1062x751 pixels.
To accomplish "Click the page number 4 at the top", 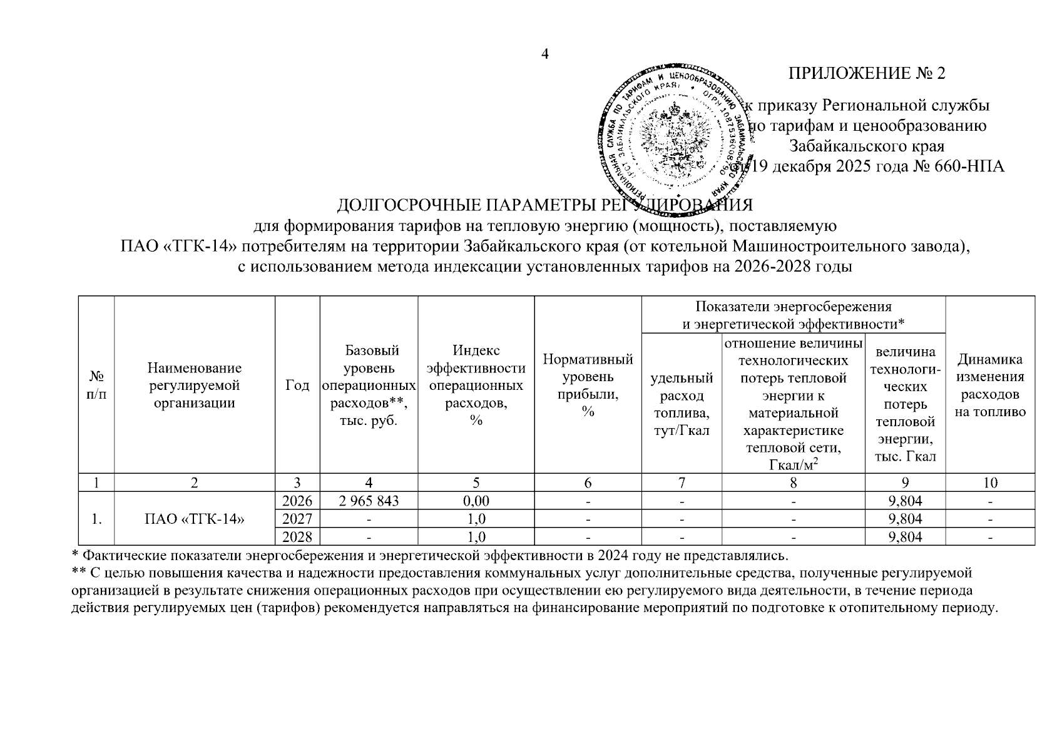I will click(x=544, y=54).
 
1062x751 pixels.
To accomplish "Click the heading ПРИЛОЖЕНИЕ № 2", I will click(x=867, y=74).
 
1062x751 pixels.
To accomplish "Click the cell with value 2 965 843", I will click(x=369, y=501).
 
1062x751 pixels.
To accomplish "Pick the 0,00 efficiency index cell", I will click(x=476, y=501).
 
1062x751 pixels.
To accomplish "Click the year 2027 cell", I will click(x=297, y=519).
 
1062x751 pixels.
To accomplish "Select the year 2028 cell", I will click(x=297, y=537).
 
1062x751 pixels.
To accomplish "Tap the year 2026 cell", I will click(x=297, y=501).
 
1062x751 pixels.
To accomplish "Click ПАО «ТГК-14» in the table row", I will click(x=194, y=519).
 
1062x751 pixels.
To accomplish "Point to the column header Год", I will click(x=297, y=386).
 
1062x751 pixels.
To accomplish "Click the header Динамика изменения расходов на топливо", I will click(x=990, y=386).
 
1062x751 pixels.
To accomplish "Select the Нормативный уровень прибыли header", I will click(x=588, y=386).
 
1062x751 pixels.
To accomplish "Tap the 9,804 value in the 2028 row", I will click(x=904, y=537).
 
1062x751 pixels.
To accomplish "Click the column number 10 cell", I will click(x=990, y=483).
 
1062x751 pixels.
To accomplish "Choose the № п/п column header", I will click(x=96, y=386).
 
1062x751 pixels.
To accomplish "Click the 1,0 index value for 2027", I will click(x=476, y=519).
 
